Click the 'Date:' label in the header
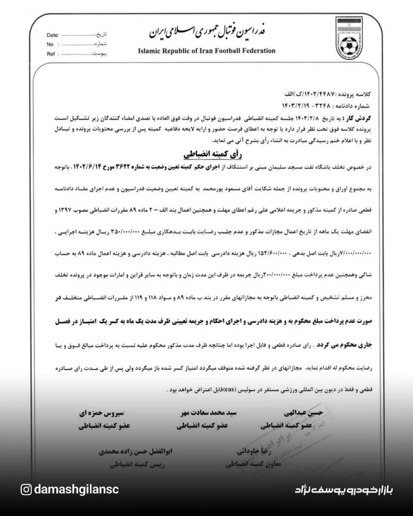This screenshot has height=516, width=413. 53,35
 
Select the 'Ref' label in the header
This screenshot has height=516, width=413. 51,54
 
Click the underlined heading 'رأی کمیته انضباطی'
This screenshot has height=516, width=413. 208,155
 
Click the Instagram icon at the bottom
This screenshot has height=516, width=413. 26,489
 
